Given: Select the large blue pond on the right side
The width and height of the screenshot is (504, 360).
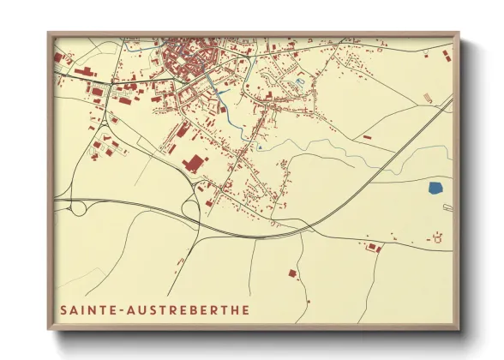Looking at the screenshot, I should click(x=435, y=187).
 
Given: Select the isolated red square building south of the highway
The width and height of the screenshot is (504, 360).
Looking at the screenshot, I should click(x=291, y=273).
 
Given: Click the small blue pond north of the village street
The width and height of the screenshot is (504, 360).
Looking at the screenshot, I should click(x=299, y=81).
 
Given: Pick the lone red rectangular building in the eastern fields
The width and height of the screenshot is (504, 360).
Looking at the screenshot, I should click(x=367, y=136).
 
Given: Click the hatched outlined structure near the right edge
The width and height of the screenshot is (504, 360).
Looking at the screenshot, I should click(x=446, y=207).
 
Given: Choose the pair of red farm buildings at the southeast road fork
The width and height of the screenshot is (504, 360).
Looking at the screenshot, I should click(x=374, y=248).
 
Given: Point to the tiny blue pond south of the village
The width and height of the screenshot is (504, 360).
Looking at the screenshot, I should click(x=259, y=147).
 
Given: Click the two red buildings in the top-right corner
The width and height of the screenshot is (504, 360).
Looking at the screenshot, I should click(x=444, y=54).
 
